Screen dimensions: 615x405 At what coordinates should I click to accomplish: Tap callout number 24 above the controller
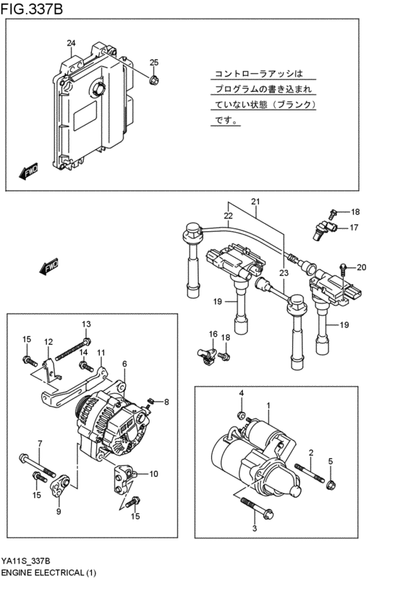tap(71, 44)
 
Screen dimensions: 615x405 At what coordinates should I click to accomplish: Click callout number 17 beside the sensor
tap(354, 228)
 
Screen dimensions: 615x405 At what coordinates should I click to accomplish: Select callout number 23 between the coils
tap(283, 273)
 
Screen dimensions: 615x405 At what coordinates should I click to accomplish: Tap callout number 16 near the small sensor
tap(213, 334)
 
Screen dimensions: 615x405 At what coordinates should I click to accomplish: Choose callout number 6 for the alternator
tap(124, 364)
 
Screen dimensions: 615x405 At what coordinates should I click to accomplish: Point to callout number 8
tap(166, 402)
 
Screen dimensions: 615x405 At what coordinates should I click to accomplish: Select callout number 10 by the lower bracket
tap(153, 474)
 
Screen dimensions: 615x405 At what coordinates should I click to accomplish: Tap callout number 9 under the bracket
tap(59, 512)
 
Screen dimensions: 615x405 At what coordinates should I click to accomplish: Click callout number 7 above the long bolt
tap(40, 443)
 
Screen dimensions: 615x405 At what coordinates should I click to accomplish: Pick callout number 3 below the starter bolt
tap(254, 529)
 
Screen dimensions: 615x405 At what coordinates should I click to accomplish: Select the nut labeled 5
tap(331, 483)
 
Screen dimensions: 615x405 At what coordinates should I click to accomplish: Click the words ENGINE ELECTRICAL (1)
tap(48, 572)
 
